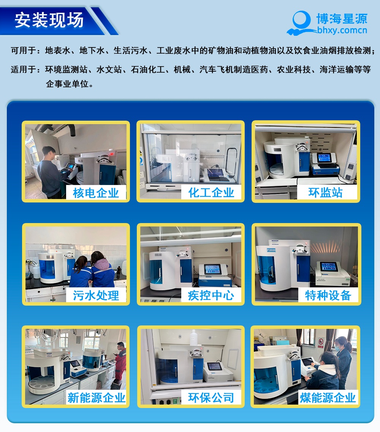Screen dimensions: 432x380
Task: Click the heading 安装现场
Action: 49,20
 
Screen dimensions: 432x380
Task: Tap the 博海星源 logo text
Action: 342,19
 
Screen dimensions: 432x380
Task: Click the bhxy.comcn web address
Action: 342,30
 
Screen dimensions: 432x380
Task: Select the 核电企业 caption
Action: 96,193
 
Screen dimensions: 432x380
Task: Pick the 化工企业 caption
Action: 211,193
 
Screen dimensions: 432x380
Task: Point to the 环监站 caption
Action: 325,193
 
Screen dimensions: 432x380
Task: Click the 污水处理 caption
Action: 96,295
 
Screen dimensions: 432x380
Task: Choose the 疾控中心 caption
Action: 211,295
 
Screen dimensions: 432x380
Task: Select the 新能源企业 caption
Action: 96,398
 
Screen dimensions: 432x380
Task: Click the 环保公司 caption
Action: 211,398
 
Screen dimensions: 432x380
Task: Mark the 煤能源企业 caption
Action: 328,398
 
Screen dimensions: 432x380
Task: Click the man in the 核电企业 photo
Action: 49,171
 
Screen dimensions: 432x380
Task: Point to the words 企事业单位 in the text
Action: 69,84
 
